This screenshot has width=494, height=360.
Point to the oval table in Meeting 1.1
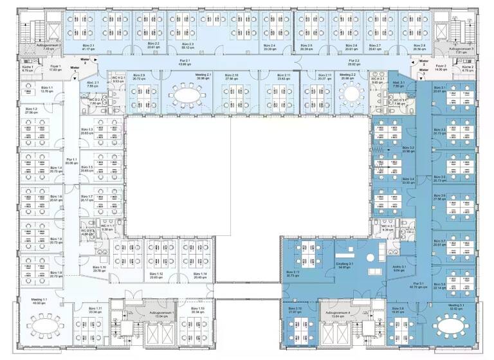[x=43, y=325]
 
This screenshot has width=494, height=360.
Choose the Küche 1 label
[x=28, y=68]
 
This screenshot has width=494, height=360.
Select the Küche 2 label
[x=468, y=68]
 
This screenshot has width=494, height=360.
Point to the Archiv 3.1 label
[x=399, y=269]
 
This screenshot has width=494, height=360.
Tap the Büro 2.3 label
[x=188, y=46]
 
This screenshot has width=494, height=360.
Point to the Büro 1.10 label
[x=98, y=269]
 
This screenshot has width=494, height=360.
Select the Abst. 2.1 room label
[x=93, y=84]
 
